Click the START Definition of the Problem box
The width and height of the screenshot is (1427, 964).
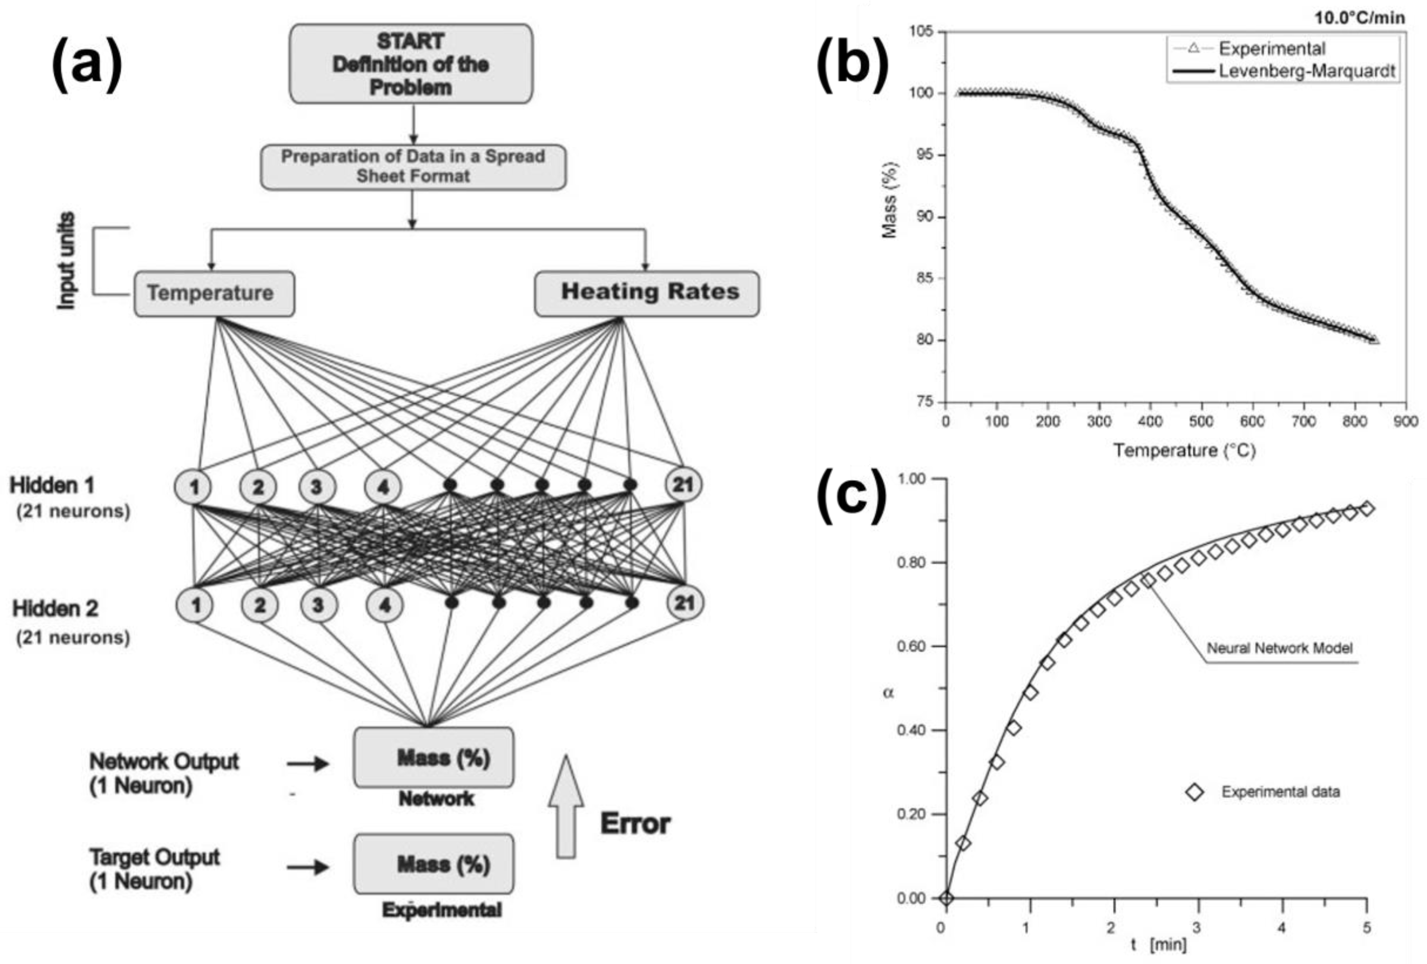click(411, 64)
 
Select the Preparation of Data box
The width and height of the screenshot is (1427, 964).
click(413, 166)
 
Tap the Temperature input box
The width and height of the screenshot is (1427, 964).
click(214, 293)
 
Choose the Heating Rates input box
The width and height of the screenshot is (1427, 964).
click(647, 293)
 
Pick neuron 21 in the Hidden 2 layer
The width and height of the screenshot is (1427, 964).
click(685, 603)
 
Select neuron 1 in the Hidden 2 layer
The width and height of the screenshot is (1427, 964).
click(195, 605)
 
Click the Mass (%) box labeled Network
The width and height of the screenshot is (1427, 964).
click(433, 758)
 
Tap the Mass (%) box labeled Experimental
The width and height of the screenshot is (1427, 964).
click(433, 864)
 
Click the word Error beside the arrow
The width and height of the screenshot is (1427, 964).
click(635, 823)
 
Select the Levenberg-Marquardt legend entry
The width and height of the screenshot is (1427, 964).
click(1307, 71)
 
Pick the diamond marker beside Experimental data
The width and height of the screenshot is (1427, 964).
click(1194, 792)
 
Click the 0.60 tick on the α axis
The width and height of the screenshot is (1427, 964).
click(911, 646)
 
